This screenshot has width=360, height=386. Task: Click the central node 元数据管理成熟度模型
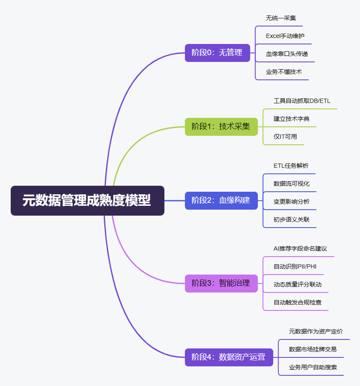pyautogui.click(x=87, y=201)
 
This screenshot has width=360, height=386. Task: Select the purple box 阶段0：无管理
pyautogui.click(x=217, y=53)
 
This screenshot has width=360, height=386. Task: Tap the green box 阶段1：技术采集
pyautogui.click(x=221, y=126)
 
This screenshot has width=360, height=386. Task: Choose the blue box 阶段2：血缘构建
pyautogui.click(x=221, y=200)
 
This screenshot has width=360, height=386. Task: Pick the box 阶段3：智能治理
pyautogui.click(x=221, y=283)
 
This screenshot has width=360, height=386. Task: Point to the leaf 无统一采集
pyautogui.click(x=281, y=18)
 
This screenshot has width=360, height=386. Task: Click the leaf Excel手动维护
pyautogui.click(x=285, y=36)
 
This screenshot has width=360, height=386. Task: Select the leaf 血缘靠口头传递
pyautogui.click(x=287, y=54)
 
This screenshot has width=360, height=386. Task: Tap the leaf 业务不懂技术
pyautogui.click(x=284, y=72)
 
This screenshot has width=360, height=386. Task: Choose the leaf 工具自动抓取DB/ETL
pyautogui.click(x=302, y=101)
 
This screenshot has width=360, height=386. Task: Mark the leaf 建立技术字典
pyautogui.click(x=292, y=119)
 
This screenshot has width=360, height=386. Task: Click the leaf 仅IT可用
pyautogui.click(x=285, y=137)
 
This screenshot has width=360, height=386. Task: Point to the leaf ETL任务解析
pyautogui.click(x=291, y=166)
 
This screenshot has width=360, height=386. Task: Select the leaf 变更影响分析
pyautogui.click(x=292, y=202)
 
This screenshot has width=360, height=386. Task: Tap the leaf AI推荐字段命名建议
pyautogui.click(x=300, y=249)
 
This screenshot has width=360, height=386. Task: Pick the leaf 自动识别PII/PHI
pyautogui.click(x=295, y=266)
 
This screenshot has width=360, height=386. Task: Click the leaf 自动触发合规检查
pyautogui.click(x=298, y=302)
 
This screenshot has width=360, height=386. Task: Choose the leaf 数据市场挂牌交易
pyautogui.click(x=313, y=349)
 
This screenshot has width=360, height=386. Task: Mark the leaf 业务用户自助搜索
pyautogui.click(x=313, y=367)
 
